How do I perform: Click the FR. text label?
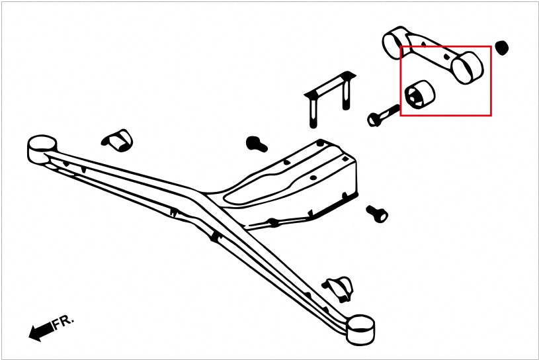click(x=63, y=322)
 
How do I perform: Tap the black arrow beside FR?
click(x=41, y=332)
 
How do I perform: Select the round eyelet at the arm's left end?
click(x=42, y=148)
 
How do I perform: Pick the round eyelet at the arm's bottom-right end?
click(x=360, y=330)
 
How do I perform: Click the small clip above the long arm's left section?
click(x=117, y=140)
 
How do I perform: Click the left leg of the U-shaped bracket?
click(x=313, y=112)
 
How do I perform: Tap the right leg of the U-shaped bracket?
click(x=346, y=95)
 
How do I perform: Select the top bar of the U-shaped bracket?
click(x=330, y=84)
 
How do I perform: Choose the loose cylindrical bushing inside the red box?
click(x=420, y=94)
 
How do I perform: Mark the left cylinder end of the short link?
click(x=394, y=42)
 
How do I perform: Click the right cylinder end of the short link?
click(x=468, y=67)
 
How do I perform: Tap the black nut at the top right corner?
click(x=501, y=48)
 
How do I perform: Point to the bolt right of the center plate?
click(x=377, y=214)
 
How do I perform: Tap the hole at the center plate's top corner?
click(x=320, y=142)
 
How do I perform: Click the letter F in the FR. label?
click(x=57, y=324)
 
